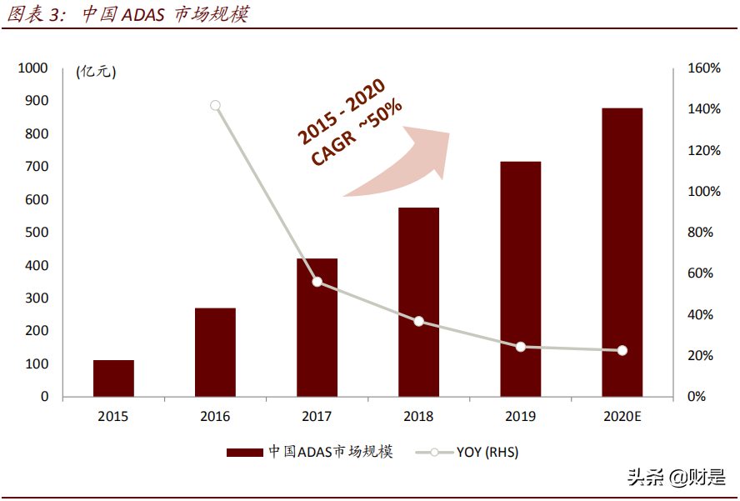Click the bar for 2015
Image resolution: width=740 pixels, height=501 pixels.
113,378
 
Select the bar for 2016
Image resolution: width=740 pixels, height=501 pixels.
215,353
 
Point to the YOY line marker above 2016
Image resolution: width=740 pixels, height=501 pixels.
215,106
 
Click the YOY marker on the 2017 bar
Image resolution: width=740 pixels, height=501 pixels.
317,282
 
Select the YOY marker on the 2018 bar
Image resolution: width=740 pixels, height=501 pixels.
418,322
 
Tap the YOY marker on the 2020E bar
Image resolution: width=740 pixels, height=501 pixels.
622,351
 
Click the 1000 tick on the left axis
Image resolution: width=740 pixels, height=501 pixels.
33,68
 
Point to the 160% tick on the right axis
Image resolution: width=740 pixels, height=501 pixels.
703,68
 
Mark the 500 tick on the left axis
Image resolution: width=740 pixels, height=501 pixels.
37,233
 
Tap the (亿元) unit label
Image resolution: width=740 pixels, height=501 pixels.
96,72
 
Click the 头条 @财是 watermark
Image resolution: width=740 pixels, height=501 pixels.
675,478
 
